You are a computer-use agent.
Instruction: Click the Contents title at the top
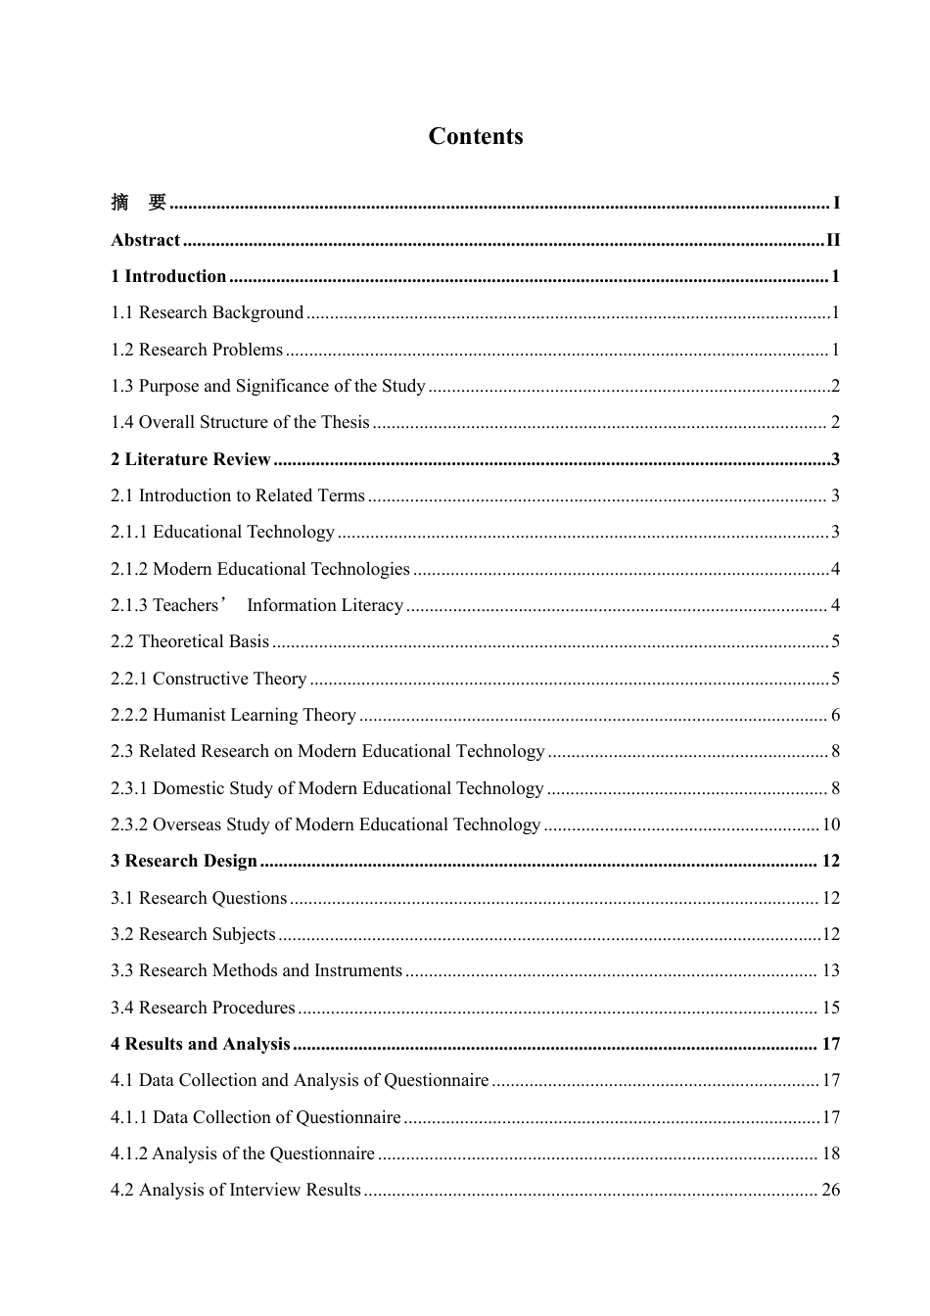(475, 136)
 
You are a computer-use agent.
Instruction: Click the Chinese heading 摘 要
(139, 203)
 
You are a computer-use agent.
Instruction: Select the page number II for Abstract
(832, 240)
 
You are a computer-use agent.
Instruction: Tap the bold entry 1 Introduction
(168, 276)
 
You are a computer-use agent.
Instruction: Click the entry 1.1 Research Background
(207, 312)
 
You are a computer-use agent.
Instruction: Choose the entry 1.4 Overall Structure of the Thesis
(240, 422)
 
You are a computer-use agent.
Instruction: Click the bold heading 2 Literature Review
(190, 459)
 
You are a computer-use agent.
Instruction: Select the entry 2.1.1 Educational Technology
(222, 532)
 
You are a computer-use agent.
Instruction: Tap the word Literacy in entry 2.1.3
(368, 605)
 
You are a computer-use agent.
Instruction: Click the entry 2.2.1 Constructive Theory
(209, 679)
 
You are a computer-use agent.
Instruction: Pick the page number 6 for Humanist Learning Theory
(835, 715)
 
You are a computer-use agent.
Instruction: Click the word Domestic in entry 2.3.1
(189, 788)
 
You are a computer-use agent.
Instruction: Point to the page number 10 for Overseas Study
(830, 824)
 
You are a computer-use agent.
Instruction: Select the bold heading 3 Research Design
(183, 861)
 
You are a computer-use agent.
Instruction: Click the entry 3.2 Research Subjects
(193, 934)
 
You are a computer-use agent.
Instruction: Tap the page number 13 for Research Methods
(830, 970)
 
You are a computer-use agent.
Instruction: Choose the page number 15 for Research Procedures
(830, 1008)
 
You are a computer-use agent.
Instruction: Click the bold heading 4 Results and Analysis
(200, 1044)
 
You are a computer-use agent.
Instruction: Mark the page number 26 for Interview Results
(830, 1190)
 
